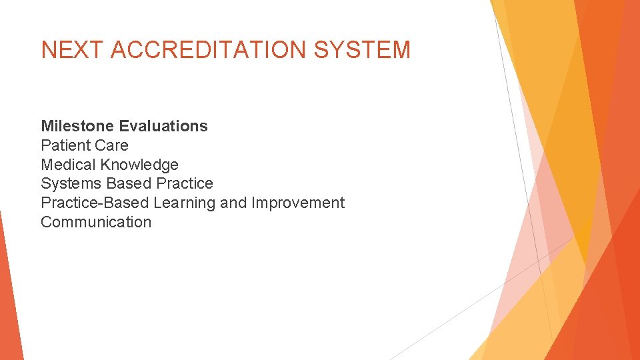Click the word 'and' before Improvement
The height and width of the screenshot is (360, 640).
(233, 203)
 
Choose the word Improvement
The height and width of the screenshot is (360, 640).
(298, 203)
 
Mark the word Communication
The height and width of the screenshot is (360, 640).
(96, 222)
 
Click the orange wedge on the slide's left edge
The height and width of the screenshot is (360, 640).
(8, 300)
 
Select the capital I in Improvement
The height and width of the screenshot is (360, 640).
(253, 203)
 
